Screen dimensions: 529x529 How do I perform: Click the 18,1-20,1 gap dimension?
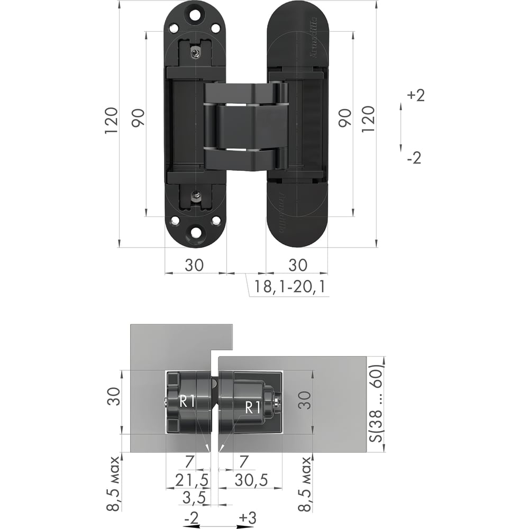point(289,287)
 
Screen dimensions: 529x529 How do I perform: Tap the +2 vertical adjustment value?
point(416,95)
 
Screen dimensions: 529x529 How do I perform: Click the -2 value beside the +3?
point(192,517)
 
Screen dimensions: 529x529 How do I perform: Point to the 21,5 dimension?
point(192,480)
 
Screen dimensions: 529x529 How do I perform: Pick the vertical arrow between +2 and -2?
point(401,127)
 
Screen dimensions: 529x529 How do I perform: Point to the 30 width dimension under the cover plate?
point(298,265)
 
